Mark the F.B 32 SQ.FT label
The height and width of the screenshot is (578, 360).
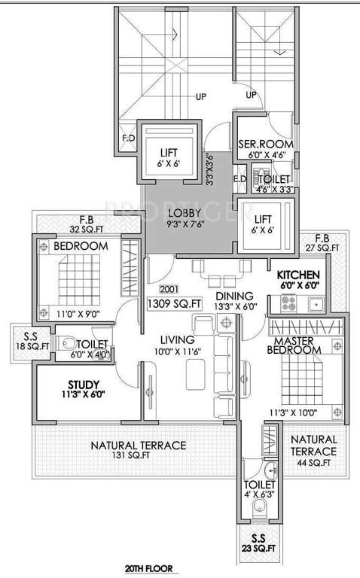click(59, 225)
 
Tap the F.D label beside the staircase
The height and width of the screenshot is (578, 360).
click(129, 138)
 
